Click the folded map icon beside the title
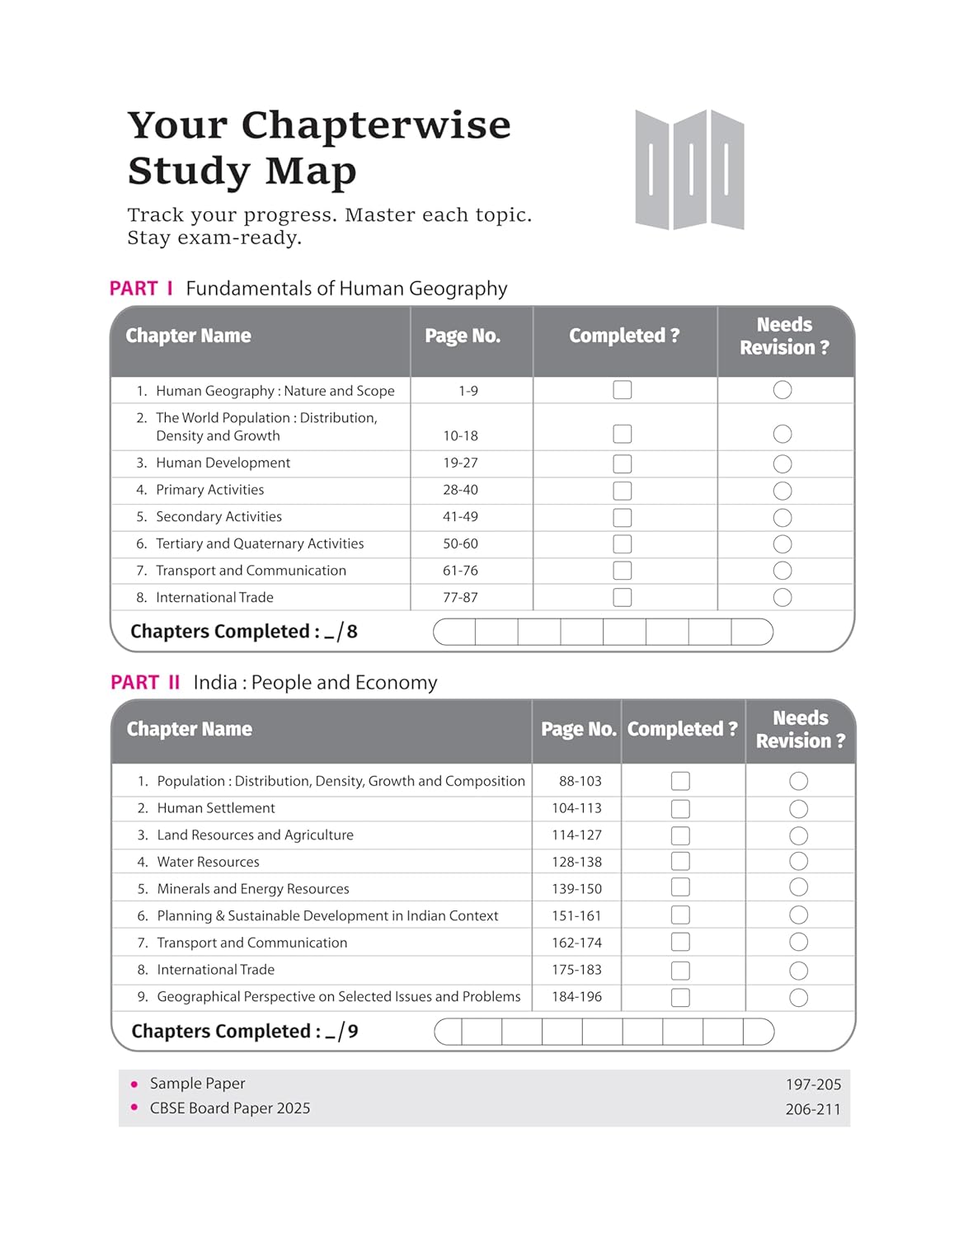point(689,170)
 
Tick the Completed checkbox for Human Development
point(623,463)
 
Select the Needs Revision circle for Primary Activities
point(782,491)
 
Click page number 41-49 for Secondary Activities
point(460,517)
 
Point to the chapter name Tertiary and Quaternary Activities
point(260,543)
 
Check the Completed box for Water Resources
point(680,862)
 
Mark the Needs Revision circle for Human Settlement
point(798,809)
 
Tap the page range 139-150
point(576,889)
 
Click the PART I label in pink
point(141,289)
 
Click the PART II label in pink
point(145,683)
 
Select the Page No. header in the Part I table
point(463,336)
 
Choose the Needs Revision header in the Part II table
point(800,730)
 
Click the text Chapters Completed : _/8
point(244,632)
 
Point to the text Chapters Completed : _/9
point(245,1032)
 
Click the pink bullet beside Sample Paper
point(134,1084)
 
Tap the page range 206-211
point(812,1110)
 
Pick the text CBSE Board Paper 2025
point(230,1108)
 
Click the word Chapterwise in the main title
point(376,126)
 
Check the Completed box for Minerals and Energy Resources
point(680,888)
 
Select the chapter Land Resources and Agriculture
point(255,835)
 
